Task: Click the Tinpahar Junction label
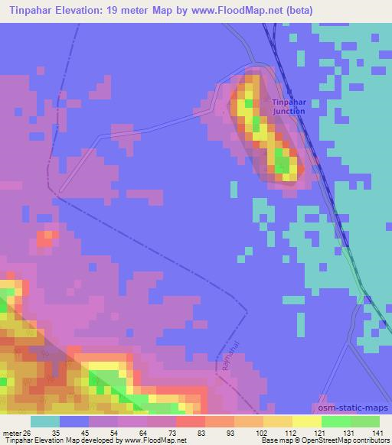tap(288, 106)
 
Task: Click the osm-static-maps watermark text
tap(351, 408)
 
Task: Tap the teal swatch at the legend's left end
tap(44, 421)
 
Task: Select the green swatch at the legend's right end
tap(365, 421)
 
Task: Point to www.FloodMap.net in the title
tap(263, 10)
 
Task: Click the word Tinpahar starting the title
tap(29, 10)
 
